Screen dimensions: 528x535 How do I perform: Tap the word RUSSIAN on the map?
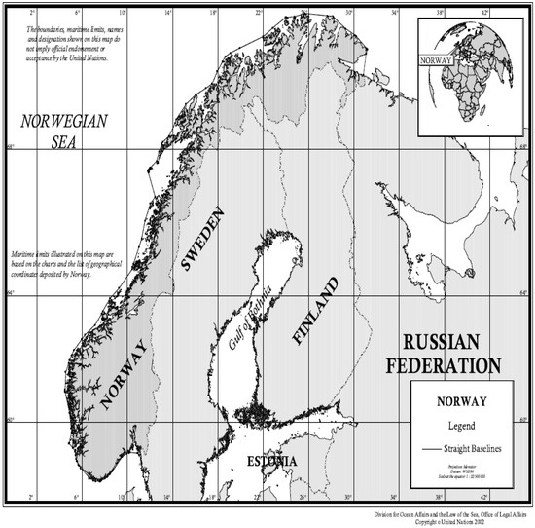pos(443,343)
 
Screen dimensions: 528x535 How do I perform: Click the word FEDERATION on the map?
pos(443,366)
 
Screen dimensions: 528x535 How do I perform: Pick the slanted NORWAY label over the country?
pos(123,376)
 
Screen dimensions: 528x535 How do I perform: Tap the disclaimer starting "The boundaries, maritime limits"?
pos(68,44)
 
